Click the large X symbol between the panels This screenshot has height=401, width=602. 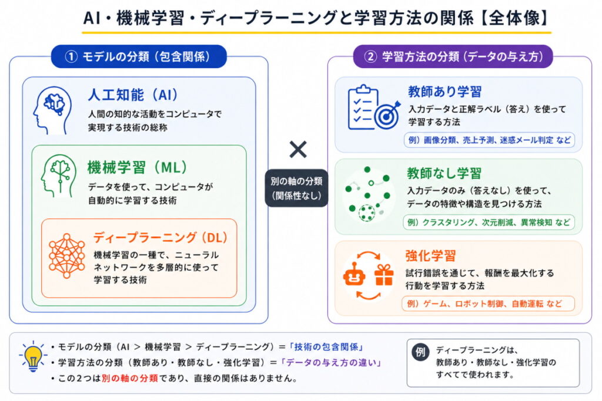pos(298,150)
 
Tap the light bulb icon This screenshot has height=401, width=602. pos(32,356)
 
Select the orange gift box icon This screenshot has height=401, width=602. pos(384,275)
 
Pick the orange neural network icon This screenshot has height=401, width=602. pos(67,256)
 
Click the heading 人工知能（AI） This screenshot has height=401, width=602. pos(133,95)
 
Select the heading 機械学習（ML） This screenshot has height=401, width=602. pos(137,167)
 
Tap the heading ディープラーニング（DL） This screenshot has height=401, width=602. pos(160,237)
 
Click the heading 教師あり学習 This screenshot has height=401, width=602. pos(444,92)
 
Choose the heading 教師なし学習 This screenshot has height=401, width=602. pos(444,173)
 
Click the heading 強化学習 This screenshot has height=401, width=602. pos(431,256)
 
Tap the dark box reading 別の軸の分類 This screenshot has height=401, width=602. pos(296,188)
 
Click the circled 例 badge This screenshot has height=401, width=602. pos(420,352)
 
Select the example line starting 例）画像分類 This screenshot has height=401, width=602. pos(489,140)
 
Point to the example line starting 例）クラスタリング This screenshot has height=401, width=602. pos(489,223)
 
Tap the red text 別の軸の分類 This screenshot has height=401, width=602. pos(130,378)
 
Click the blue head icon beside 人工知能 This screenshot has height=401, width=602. pos(52,110)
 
